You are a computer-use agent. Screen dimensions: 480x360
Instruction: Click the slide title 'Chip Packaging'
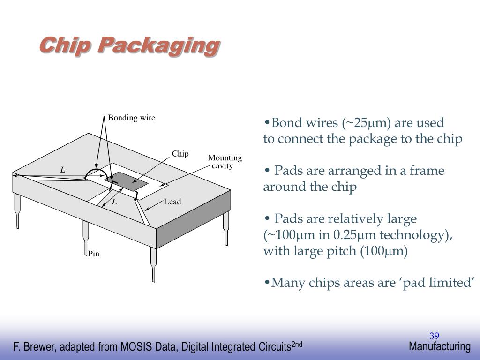pos(129,46)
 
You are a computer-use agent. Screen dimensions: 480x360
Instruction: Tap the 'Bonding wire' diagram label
pos(131,118)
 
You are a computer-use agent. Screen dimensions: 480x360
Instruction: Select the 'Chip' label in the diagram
pos(180,154)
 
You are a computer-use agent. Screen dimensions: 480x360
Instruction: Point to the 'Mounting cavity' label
pos(225,162)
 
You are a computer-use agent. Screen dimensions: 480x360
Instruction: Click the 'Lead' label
pos(172,202)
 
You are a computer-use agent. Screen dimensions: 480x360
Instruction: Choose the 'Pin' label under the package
pos(94,254)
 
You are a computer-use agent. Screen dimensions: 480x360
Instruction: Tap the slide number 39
pos(434,336)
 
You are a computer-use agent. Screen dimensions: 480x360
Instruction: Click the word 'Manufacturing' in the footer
pos(439,346)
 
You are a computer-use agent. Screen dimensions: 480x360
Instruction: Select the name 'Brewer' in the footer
pos(38,347)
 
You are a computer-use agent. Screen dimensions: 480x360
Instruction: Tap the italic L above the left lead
pos(62,170)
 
